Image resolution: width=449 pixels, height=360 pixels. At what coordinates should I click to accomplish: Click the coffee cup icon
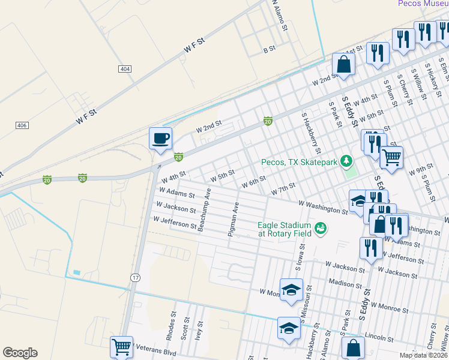(160, 139)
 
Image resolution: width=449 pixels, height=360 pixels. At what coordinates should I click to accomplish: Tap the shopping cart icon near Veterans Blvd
(122, 347)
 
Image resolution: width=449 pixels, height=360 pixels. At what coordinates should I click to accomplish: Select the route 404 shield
(125, 70)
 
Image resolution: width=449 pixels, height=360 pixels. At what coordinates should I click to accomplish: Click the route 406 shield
(22, 125)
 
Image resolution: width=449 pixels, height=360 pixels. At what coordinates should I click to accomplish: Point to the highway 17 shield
(136, 277)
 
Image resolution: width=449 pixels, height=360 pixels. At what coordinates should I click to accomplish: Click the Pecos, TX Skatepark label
(299, 162)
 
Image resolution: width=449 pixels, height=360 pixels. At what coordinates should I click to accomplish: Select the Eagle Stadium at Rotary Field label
(285, 229)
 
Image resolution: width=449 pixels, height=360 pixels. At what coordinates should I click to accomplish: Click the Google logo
(20, 353)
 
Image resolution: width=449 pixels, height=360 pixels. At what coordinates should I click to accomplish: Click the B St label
(269, 49)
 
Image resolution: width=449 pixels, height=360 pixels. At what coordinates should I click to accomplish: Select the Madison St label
(344, 283)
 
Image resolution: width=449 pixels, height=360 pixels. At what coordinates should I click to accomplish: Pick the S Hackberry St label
(312, 132)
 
